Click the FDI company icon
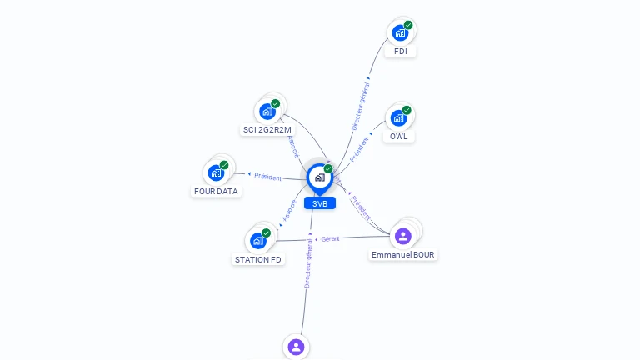click(x=400, y=33)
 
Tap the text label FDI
click(x=400, y=52)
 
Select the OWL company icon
click(x=399, y=118)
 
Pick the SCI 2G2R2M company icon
click(x=267, y=112)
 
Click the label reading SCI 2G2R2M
click(x=267, y=130)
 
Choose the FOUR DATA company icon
click(x=216, y=172)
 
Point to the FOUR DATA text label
click(x=216, y=191)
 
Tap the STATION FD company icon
click(x=258, y=241)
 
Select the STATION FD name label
click(x=258, y=259)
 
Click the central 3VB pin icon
click(x=319, y=177)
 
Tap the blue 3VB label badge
click(x=320, y=203)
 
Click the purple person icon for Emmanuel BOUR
click(x=403, y=236)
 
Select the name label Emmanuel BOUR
click(x=403, y=254)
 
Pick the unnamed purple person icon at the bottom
click(x=296, y=347)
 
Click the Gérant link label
click(x=330, y=239)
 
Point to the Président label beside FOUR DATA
click(x=267, y=177)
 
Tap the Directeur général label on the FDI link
click(x=361, y=106)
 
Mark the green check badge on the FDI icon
click(x=408, y=25)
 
